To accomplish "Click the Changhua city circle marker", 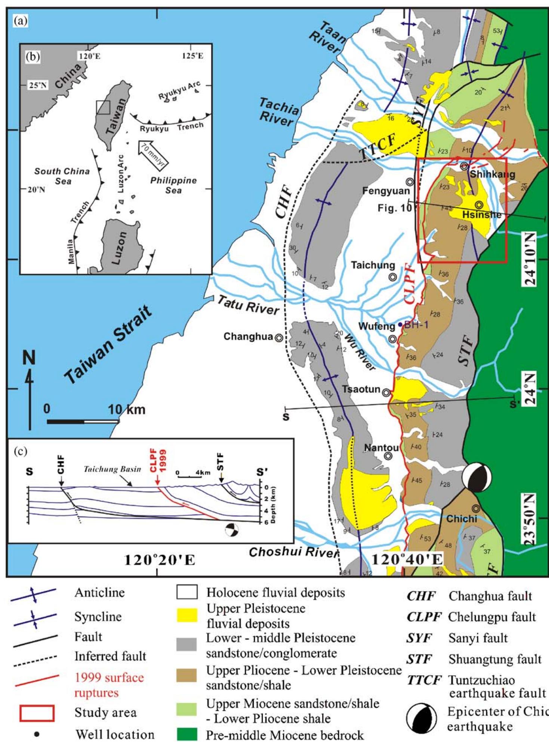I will pyautogui.click(x=278, y=337).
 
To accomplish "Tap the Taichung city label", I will pyautogui.click(x=373, y=265).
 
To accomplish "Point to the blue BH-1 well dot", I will pyautogui.click(x=400, y=325).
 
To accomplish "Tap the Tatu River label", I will pyautogui.click(x=248, y=305).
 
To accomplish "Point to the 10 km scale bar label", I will pyautogui.click(x=127, y=410).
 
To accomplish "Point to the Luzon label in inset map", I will pyautogui.click(x=120, y=248).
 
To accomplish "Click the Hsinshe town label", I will pyautogui.click(x=481, y=215).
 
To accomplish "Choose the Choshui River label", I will pyautogui.click(x=293, y=552).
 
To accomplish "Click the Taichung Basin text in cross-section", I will pyautogui.click(x=112, y=469).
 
